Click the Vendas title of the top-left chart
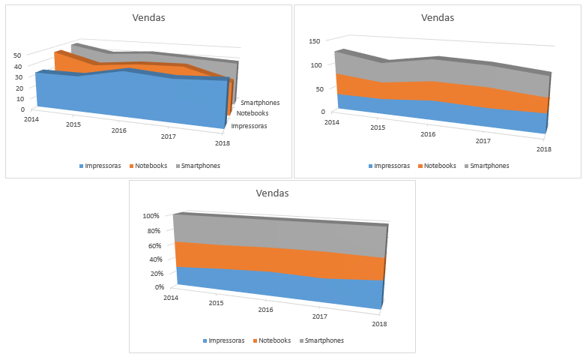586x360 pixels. pyautogui.click(x=148, y=17)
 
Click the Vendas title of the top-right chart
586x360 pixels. pyautogui.click(x=437, y=17)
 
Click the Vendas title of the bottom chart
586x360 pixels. pyautogui.click(x=272, y=193)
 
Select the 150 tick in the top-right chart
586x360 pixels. pyautogui.click(x=315, y=41)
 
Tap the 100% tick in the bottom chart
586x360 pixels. pyautogui.click(x=152, y=216)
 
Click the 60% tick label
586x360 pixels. pyautogui.click(x=154, y=245)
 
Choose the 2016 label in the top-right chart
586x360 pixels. pyautogui.click(x=429, y=134)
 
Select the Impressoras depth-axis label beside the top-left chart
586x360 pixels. pyautogui.click(x=249, y=126)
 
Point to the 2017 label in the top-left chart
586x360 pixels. pyautogui.click(x=168, y=136)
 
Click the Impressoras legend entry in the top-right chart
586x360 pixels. pyautogui.click(x=388, y=166)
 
